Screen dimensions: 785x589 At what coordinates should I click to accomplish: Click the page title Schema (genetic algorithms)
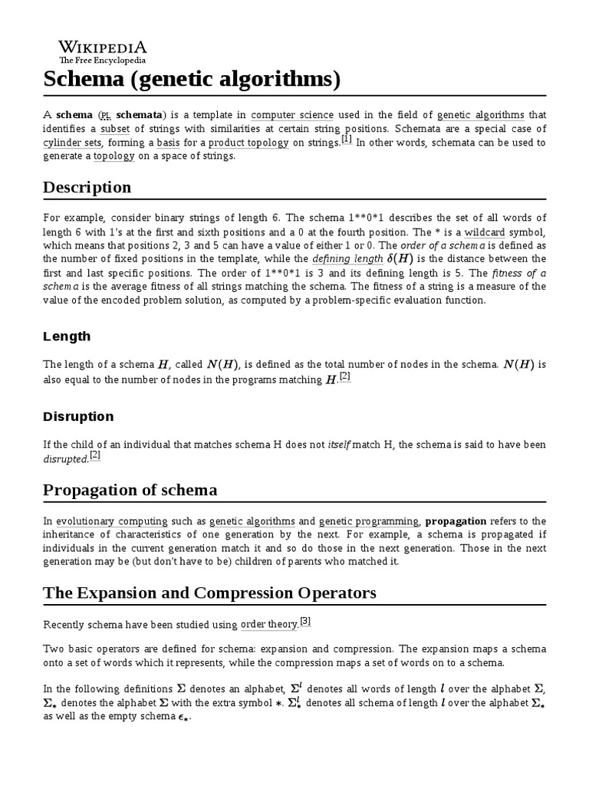tap(191, 79)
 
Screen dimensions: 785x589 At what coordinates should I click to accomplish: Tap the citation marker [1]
tap(346, 140)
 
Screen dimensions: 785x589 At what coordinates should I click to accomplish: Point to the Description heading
tap(87, 188)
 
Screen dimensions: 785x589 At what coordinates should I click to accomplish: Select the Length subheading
tap(67, 337)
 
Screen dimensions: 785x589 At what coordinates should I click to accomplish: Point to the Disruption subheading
tap(78, 417)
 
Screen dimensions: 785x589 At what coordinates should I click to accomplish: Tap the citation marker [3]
tap(305, 621)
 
